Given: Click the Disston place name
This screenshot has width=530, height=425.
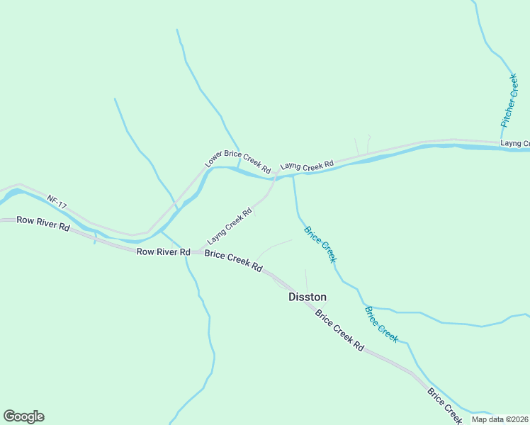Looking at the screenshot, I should coord(308,297).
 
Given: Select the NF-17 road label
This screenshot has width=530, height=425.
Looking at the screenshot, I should coord(57,201).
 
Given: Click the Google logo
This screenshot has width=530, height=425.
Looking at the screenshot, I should coord(23,416).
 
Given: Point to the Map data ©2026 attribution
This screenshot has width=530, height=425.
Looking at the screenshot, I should coord(500,419).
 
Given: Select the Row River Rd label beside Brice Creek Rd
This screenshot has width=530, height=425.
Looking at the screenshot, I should coord(163,251).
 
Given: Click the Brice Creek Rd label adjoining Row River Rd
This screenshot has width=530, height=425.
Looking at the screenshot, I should coord(234,261).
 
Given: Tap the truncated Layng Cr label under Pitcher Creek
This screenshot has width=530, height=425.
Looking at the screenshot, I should coord(514,143).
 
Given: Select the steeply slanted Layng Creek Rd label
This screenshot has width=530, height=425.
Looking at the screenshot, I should coord(230,225).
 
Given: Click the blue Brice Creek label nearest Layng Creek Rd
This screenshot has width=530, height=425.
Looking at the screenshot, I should coord(320,244).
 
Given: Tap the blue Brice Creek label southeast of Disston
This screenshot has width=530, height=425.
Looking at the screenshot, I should coord(381,324).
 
